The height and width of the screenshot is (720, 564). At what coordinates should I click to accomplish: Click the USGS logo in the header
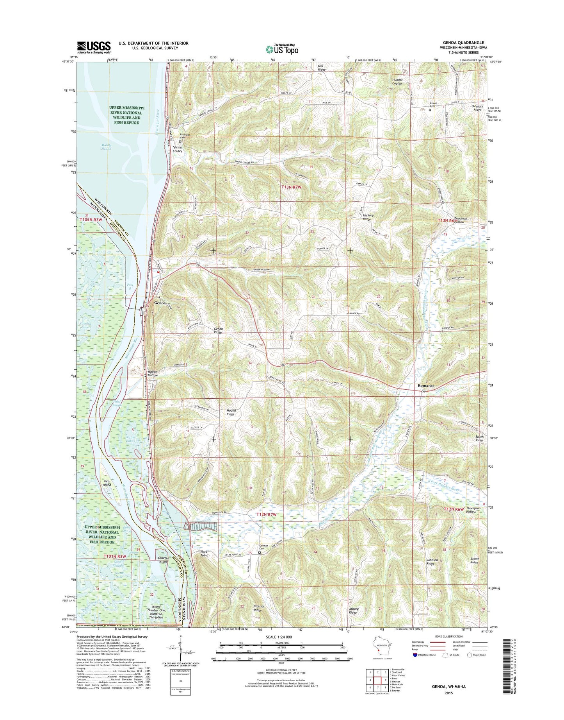tap(94, 47)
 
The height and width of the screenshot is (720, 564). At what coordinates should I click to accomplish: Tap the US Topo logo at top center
tap(282, 49)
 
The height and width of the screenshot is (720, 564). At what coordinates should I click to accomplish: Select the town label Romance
tap(426, 385)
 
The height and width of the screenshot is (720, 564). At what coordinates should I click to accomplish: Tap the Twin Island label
tap(107, 483)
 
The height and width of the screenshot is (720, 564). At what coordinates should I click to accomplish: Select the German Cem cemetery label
tap(265, 547)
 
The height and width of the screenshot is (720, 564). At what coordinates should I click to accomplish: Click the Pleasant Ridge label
tap(477, 108)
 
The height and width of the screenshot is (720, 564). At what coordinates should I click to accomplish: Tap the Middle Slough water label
tap(106, 147)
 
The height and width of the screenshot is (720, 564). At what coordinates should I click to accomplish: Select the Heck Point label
tap(204, 553)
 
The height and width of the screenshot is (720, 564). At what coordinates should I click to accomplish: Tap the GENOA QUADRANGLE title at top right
tap(463, 43)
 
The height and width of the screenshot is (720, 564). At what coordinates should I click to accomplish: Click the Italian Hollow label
tap(153, 373)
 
